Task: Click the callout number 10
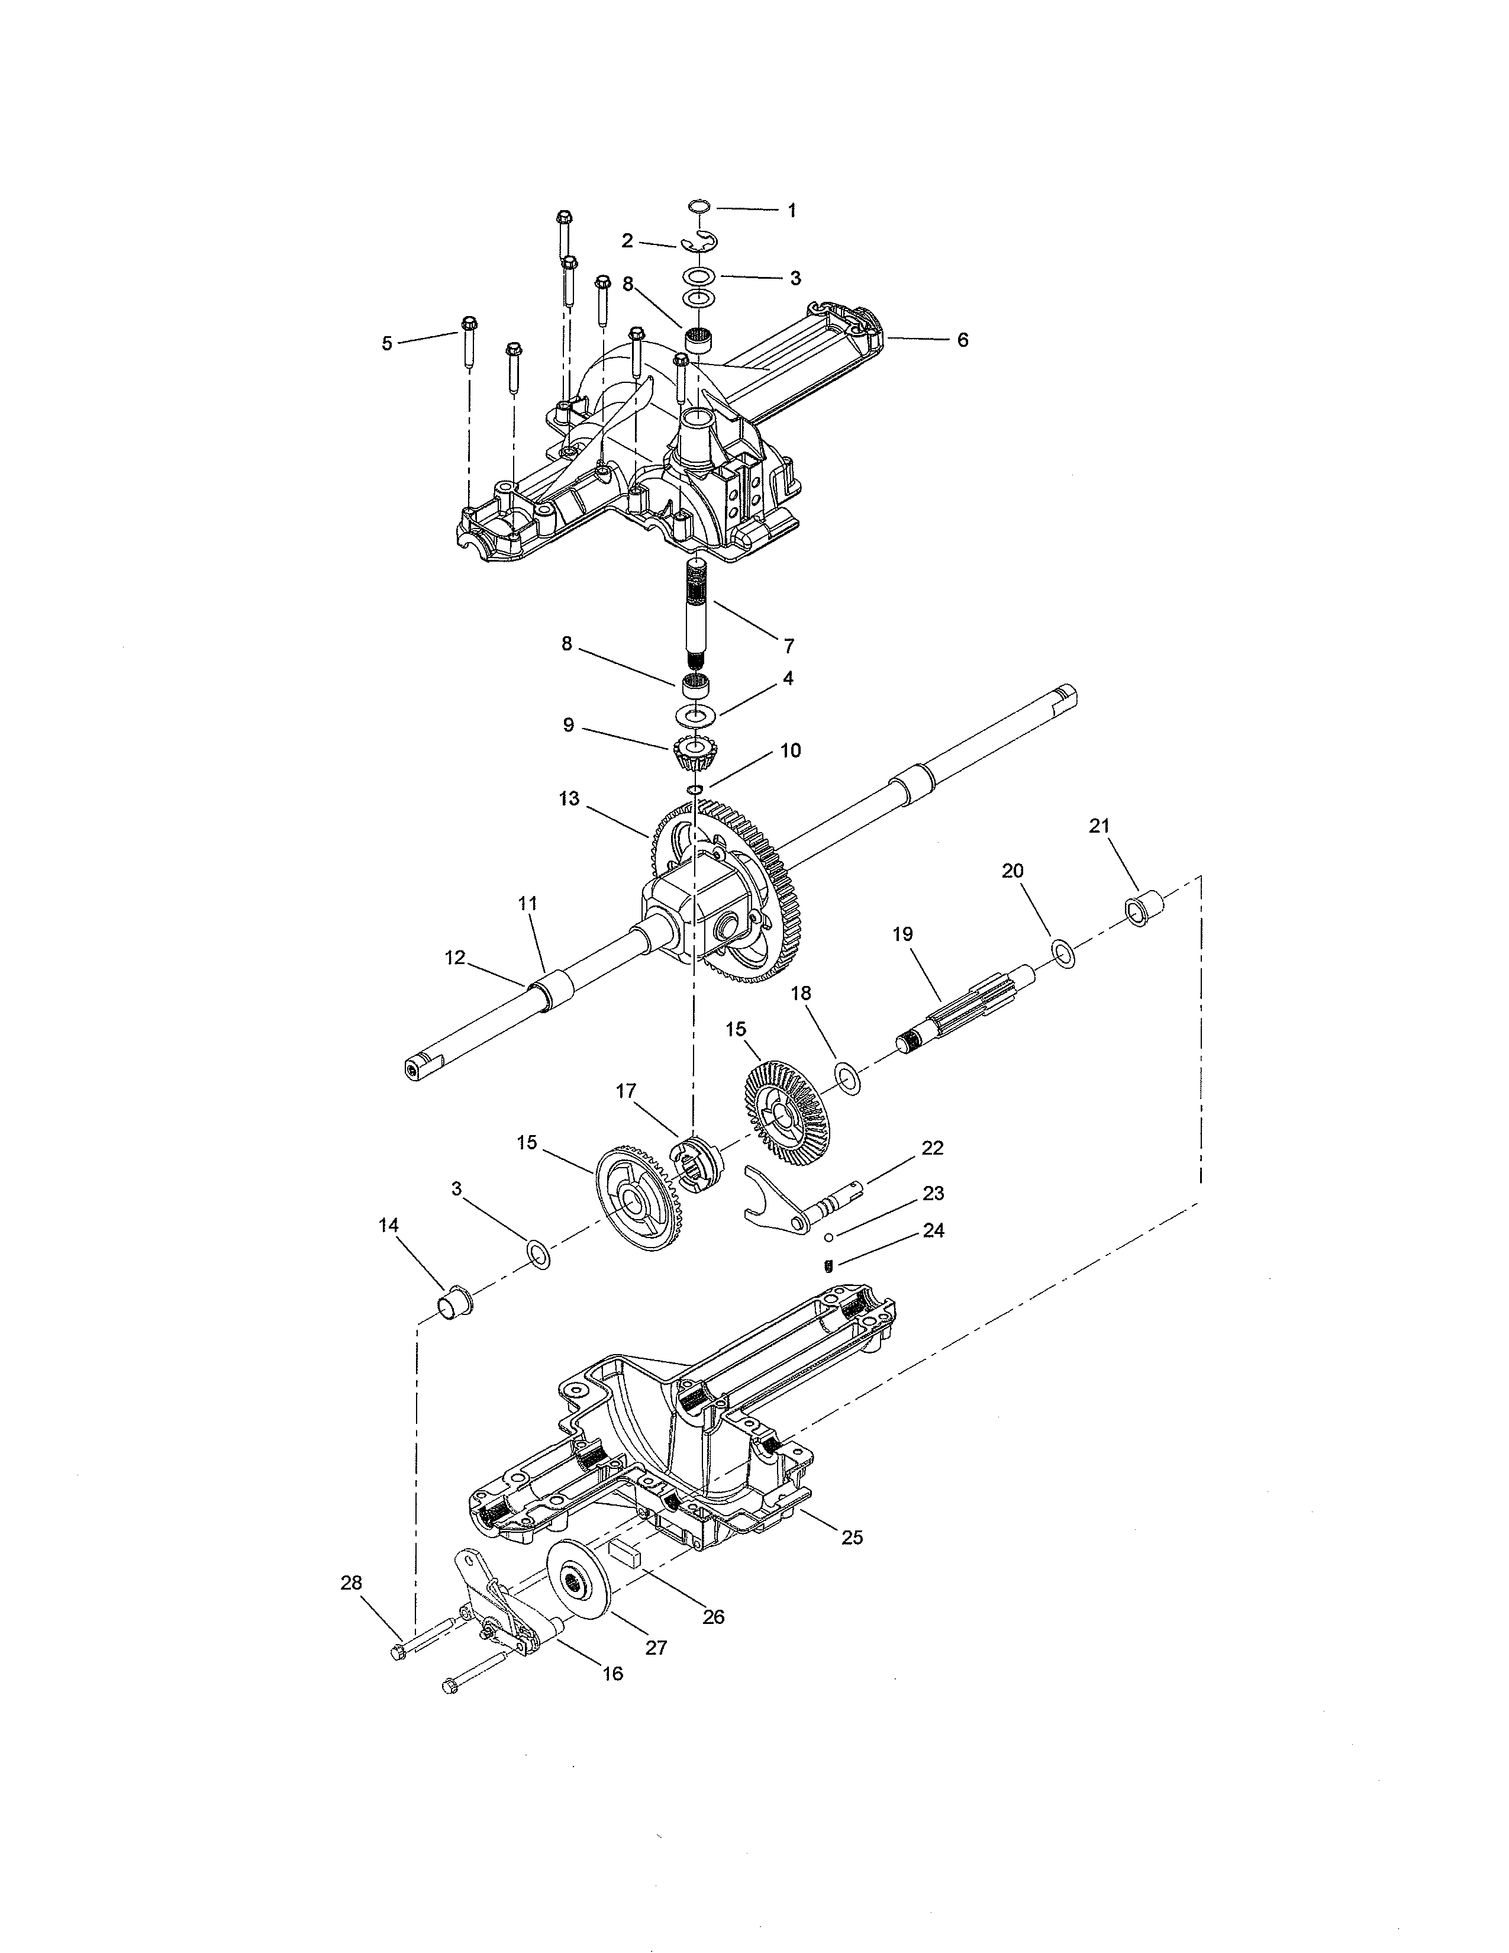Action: pyautogui.click(x=790, y=751)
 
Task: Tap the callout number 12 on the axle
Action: pyautogui.click(x=455, y=958)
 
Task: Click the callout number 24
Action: pyautogui.click(x=933, y=1232)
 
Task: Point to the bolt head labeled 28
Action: pyautogui.click(x=399, y=1652)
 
